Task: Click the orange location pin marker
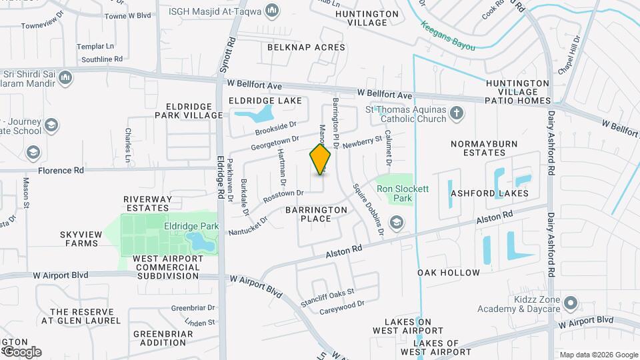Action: tap(321, 159)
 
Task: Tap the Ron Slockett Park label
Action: tap(403, 193)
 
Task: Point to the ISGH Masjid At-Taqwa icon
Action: tap(271, 11)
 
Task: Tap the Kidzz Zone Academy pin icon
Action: tap(570, 303)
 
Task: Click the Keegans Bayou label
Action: tap(447, 37)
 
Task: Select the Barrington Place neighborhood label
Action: tap(317, 214)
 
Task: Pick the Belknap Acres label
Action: tap(306, 47)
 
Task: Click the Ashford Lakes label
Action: tap(489, 193)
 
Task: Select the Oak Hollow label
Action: tap(449, 273)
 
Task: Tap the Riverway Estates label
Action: tap(148, 203)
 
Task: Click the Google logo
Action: tap(21, 351)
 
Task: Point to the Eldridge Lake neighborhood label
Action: tap(265, 101)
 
